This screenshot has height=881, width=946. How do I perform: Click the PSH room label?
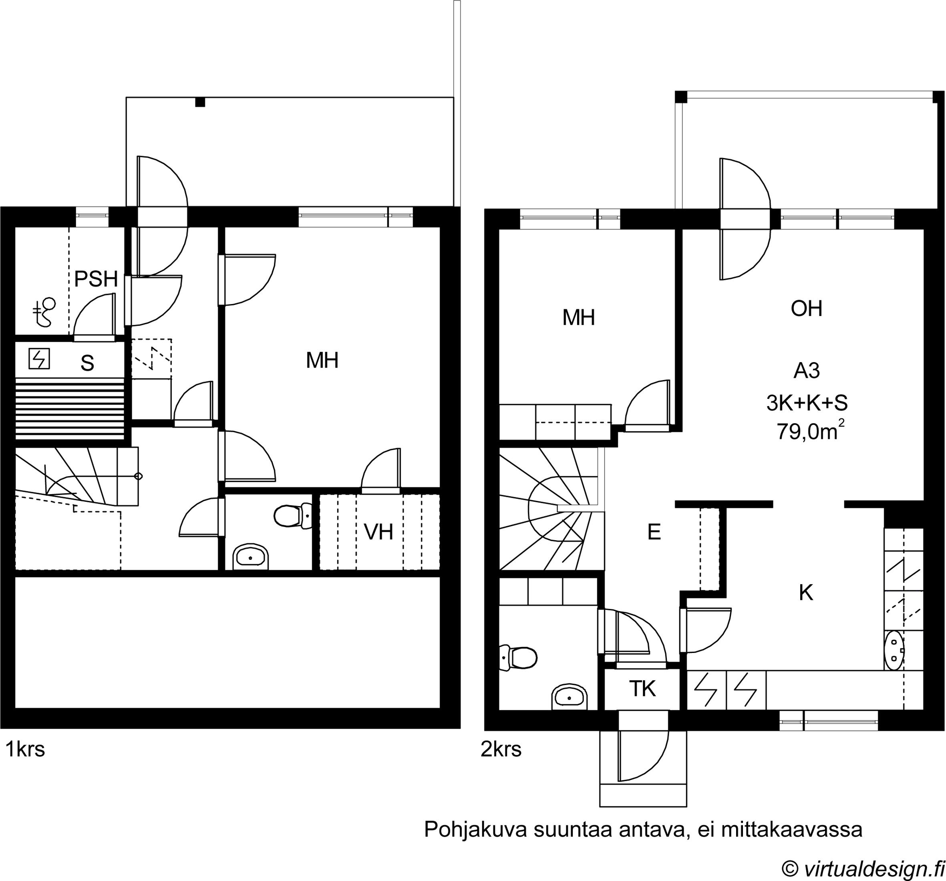click(96, 279)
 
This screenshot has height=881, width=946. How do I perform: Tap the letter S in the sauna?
click(87, 363)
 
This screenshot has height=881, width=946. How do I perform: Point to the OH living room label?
click(807, 308)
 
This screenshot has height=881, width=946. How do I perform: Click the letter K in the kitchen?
click(806, 593)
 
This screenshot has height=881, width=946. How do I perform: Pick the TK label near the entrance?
click(642, 689)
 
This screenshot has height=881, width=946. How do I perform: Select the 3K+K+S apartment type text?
click(807, 403)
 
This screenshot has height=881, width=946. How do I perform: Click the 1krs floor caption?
click(25, 750)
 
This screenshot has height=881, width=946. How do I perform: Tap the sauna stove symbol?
click(39, 359)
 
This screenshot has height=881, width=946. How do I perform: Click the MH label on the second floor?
click(579, 318)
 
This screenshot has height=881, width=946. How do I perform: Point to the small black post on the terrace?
click(200, 102)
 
